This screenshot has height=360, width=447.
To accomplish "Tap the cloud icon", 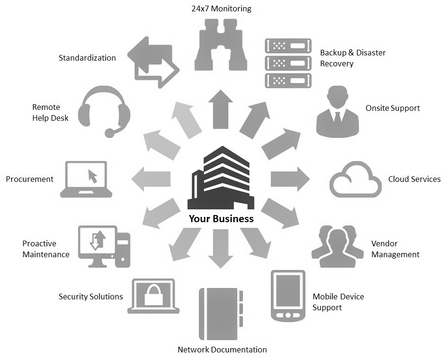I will [355, 180].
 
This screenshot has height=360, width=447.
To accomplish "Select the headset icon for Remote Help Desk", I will [104, 111].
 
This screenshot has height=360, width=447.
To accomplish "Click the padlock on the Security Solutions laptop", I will [153, 296].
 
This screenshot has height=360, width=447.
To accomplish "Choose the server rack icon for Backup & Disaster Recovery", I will [288, 63].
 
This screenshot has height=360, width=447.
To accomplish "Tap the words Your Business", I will [221, 219].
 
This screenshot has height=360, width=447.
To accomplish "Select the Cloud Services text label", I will [414, 179].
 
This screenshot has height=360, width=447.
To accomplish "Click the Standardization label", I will [87, 58].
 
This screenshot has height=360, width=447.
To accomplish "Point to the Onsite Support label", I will [393, 108].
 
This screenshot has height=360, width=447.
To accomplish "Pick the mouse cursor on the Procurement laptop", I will [92, 177].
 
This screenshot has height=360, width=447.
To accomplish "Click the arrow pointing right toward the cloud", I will [289, 179].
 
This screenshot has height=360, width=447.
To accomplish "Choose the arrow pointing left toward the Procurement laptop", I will [152, 179].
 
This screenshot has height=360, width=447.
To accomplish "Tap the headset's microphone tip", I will [109, 133].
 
